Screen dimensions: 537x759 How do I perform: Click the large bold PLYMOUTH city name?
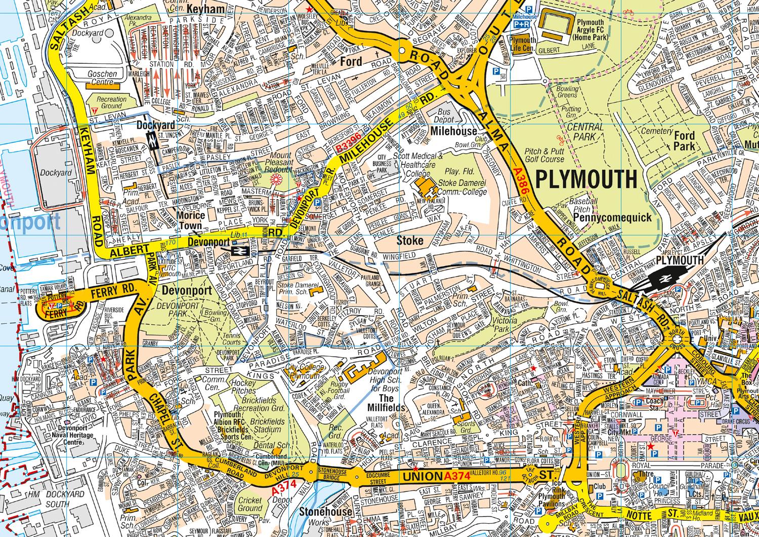click(586, 179)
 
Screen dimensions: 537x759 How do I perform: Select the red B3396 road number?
click(348, 147)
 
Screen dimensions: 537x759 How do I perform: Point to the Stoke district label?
click(410, 241)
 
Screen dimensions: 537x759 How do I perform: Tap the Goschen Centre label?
click(102, 77)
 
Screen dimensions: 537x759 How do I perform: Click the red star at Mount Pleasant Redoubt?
click(276, 179)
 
